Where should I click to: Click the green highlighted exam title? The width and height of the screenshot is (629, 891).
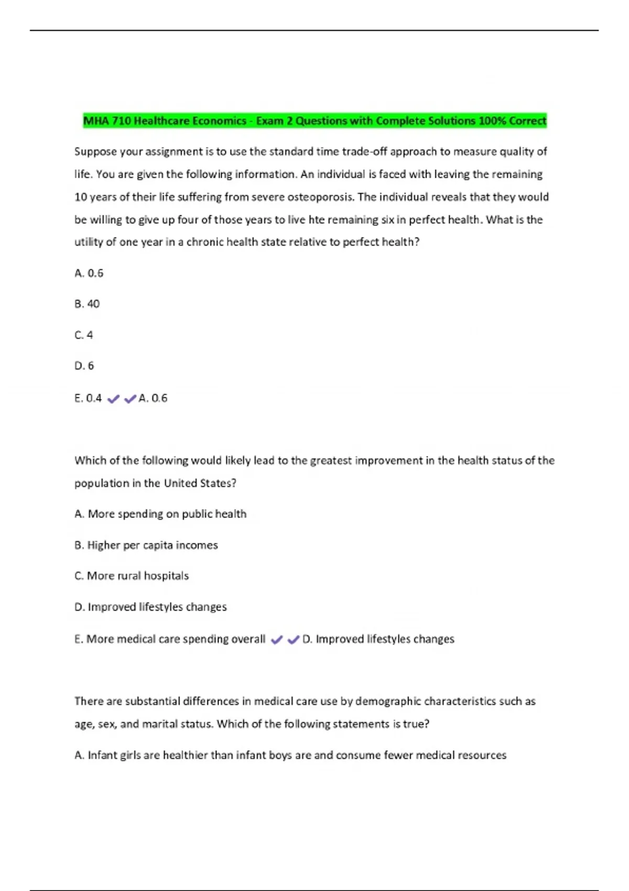pos(314,121)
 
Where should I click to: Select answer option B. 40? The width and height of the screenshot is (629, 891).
pos(87,304)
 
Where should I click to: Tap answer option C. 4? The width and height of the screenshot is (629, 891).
pos(84,335)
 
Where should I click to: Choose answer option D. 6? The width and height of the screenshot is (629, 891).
pos(84,366)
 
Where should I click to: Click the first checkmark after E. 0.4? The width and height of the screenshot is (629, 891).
pos(113,399)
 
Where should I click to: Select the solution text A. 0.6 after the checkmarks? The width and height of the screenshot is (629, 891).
pos(153,398)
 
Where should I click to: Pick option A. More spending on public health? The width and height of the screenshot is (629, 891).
pos(160,514)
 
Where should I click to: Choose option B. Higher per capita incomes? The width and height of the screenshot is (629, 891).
pos(146,545)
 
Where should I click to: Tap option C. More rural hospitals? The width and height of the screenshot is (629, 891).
pos(132,576)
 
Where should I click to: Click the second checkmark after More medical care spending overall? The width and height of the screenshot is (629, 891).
pos(294,639)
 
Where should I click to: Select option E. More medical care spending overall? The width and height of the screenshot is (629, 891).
pos(170,639)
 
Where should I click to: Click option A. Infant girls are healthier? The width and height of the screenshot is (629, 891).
pos(290,755)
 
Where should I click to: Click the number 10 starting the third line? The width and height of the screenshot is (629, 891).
pos(81,197)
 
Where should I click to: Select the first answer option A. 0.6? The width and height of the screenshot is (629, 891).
pos(89,273)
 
